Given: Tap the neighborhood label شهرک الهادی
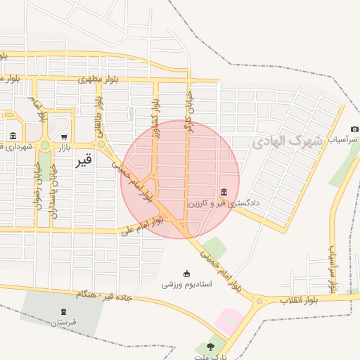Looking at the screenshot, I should (287, 141).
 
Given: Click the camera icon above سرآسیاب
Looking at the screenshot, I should (354, 129).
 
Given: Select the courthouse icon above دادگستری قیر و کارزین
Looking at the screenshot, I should (224, 193).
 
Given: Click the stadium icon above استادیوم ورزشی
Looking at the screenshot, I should (186, 274).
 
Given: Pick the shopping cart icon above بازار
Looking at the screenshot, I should (64, 136).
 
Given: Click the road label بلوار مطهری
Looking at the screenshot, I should (100, 79).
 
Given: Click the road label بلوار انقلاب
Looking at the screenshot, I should (301, 300).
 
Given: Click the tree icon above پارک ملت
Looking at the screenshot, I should (210, 346).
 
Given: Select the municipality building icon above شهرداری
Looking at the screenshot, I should (13, 136).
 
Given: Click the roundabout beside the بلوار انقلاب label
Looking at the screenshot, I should (260, 302).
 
